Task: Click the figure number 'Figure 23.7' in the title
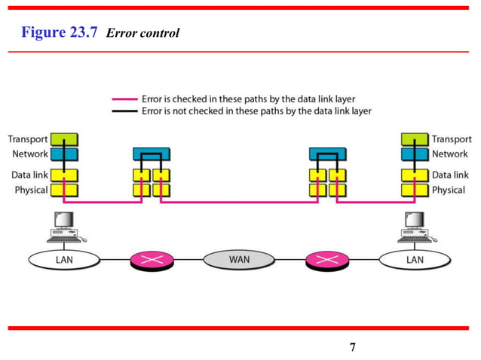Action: pyautogui.click(x=60, y=32)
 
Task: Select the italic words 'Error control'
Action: pyautogui.click(x=143, y=33)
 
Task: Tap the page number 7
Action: pyautogui.click(x=352, y=347)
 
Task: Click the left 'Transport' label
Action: pyautogui.click(x=28, y=139)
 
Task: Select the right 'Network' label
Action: pyautogui.click(x=450, y=154)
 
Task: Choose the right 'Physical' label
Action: pyautogui.click(x=448, y=190)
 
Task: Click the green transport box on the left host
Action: pyautogui.click(x=64, y=139)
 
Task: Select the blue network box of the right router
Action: pyautogui.click(x=327, y=154)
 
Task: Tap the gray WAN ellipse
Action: pyautogui.click(x=240, y=260)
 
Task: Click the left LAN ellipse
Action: pyautogui.click(x=64, y=260)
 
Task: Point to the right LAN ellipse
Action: pyautogui.click(x=415, y=260)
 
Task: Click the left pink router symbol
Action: pyautogui.click(x=152, y=261)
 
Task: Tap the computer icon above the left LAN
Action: pyautogui.click(x=65, y=227)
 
